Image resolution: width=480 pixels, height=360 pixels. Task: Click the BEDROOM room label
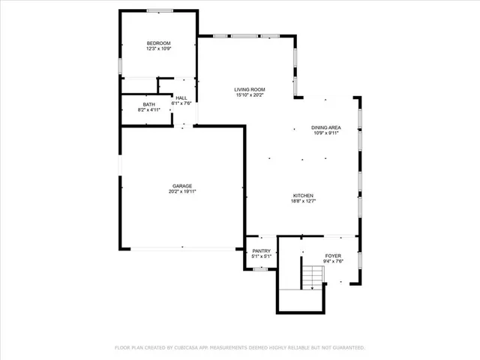(x=159, y=43)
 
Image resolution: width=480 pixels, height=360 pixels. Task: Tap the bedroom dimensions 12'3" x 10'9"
(x=159, y=49)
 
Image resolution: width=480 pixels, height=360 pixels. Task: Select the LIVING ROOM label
(x=250, y=89)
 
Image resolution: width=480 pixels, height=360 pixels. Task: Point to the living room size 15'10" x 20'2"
(x=250, y=95)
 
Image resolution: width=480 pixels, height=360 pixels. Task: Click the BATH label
(x=149, y=104)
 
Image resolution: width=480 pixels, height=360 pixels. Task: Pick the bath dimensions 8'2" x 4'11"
(x=149, y=110)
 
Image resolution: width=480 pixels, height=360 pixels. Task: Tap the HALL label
(x=182, y=97)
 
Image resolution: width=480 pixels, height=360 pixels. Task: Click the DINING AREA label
(x=326, y=127)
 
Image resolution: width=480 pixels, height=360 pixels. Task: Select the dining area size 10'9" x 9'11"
(x=326, y=133)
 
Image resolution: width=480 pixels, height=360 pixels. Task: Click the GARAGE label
(x=182, y=185)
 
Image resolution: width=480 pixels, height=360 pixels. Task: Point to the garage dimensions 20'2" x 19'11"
(x=182, y=191)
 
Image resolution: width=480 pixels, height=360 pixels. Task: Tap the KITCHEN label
(x=303, y=195)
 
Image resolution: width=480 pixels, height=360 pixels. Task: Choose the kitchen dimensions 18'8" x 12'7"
(x=303, y=201)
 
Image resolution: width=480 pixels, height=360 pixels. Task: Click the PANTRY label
(x=261, y=251)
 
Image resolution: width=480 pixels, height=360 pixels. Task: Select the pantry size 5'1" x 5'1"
(x=261, y=257)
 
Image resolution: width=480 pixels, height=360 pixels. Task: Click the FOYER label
(x=333, y=255)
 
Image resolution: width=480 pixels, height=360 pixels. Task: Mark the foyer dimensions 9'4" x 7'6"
(x=333, y=261)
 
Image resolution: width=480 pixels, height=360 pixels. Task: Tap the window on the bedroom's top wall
(x=158, y=10)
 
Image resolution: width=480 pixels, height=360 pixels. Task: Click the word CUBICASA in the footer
(x=194, y=348)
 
